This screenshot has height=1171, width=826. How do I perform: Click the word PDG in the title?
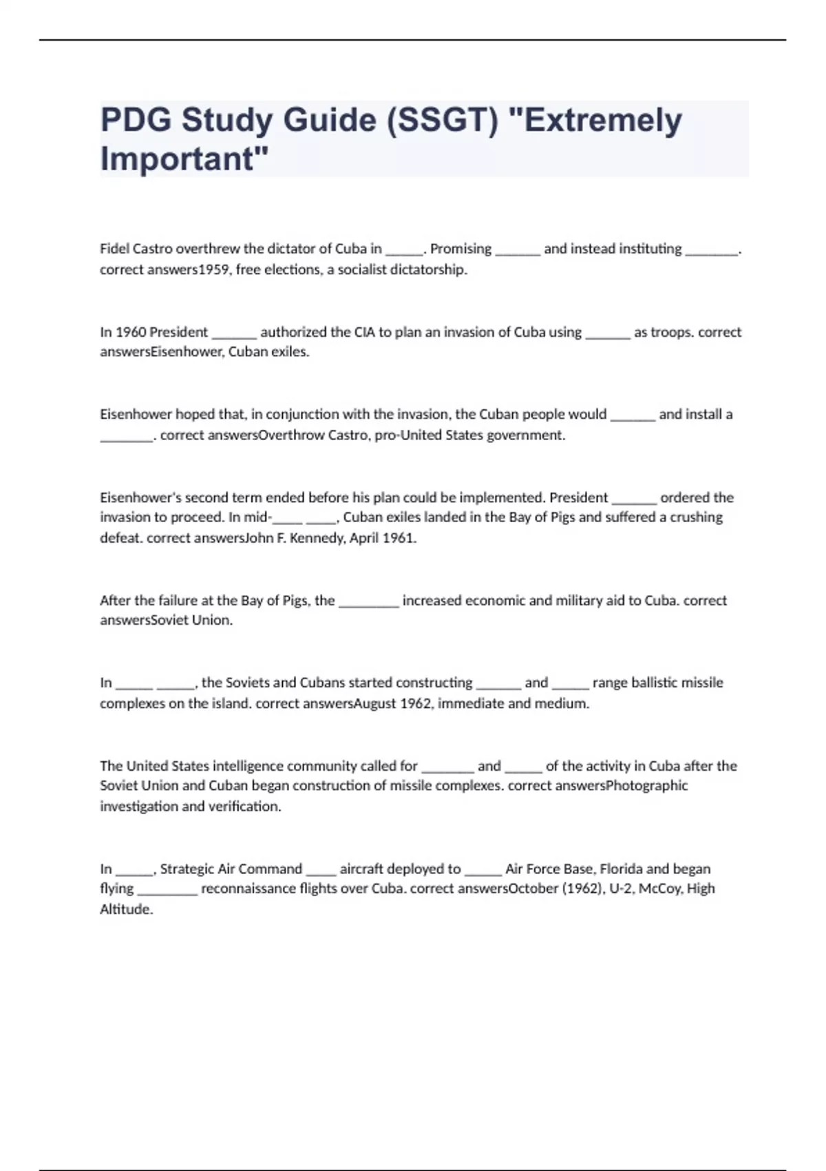136,120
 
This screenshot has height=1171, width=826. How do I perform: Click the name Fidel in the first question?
114,249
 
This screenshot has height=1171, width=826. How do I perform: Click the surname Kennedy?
317,538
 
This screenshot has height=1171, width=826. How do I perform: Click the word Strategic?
188,869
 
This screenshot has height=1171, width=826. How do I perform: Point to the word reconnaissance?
248,889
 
